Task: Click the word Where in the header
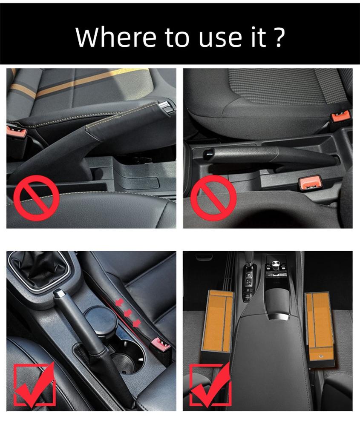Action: (x=115, y=37)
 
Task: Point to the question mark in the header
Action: (x=278, y=37)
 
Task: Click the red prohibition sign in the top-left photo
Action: (x=36, y=198)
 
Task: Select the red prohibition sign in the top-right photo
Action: (x=213, y=198)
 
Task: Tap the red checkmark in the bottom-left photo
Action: (x=35, y=384)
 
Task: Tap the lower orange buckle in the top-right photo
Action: (x=309, y=184)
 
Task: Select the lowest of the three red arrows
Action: (x=136, y=323)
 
